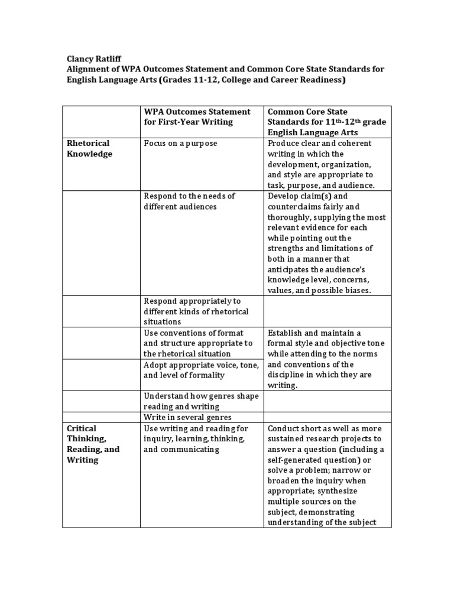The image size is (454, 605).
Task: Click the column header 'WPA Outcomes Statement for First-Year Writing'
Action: click(x=197, y=116)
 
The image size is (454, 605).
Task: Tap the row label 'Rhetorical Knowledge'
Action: click(x=89, y=148)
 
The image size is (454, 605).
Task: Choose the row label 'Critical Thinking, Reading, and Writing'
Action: click(x=93, y=444)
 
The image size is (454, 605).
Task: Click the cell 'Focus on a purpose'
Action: click(x=180, y=144)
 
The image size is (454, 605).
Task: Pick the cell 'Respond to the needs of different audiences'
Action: click(x=190, y=201)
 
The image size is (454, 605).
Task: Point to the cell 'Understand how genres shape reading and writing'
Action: click(x=201, y=401)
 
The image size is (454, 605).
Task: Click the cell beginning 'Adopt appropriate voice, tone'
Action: click(x=201, y=370)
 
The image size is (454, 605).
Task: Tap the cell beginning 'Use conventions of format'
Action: click(x=198, y=343)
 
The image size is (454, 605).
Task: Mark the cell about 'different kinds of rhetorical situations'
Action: click(x=196, y=311)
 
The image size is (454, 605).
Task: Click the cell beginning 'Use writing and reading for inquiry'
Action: click(x=196, y=438)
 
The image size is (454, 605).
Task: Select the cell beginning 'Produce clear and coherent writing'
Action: click(x=321, y=164)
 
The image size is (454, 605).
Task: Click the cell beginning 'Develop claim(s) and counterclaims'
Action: click(x=326, y=243)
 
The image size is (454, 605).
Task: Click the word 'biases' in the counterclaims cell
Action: click(x=356, y=291)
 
